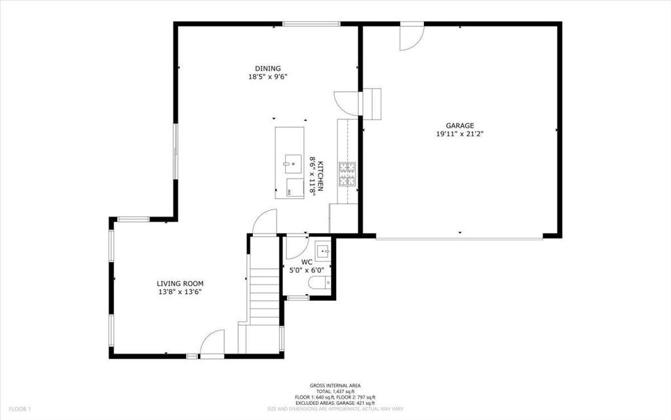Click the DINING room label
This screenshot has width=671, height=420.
coord(267,68)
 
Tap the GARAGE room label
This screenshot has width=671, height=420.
coord(459,125)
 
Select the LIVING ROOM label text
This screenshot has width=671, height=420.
coord(175,283)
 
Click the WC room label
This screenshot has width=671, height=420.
coord(307,262)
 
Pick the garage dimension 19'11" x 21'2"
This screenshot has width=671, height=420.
coord(459,134)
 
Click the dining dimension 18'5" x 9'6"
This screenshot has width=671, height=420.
coord(267,77)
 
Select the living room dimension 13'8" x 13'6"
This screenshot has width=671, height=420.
coord(175,292)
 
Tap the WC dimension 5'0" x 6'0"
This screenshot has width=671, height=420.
coord(307,270)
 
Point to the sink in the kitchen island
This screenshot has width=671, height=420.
coord(289,161)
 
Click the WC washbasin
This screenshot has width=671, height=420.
coord(323,249)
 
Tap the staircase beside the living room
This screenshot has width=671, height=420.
coord(263,289)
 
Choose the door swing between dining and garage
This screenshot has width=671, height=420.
coord(347,103)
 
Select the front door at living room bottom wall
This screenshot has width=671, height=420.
coord(212,345)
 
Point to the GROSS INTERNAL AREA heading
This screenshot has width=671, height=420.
coord(335,386)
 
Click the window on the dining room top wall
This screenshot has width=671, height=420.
coord(311,24)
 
